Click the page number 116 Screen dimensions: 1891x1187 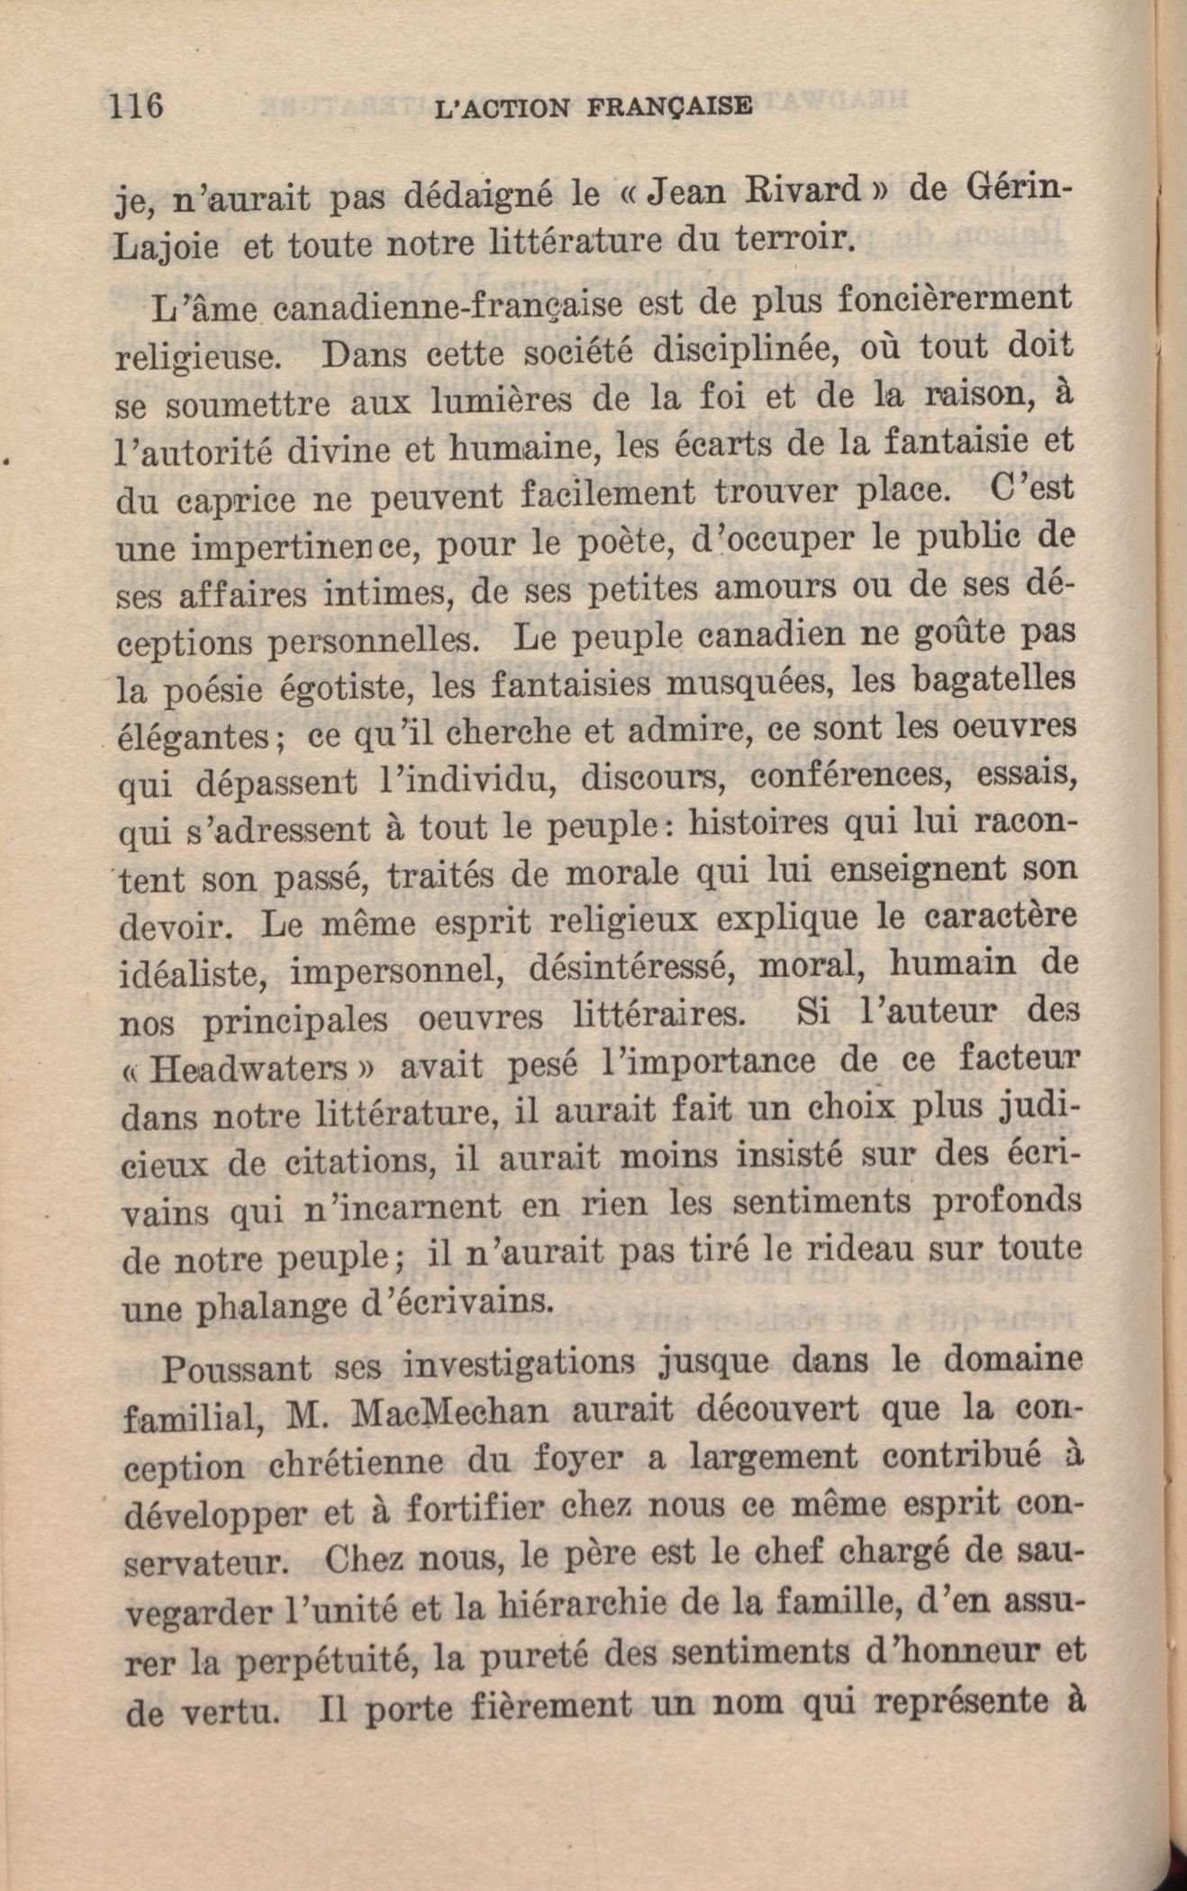(135, 106)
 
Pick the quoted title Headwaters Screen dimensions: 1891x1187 (248, 1069)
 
